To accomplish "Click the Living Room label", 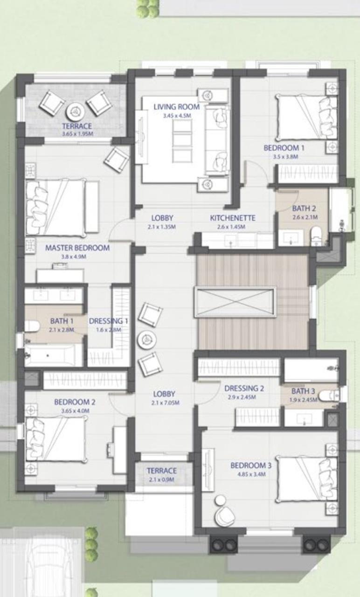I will (x=176, y=107).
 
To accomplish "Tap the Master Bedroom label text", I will (x=77, y=248).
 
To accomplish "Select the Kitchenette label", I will (x=232, y=218).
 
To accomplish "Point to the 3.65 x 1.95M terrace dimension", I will (x=77, y=134).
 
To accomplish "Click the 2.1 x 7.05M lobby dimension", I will (x=165, y=403).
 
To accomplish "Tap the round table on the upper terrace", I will (x=75, y=111).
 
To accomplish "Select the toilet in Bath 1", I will (x=31, y=326).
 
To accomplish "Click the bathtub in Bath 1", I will (x=49, y=355).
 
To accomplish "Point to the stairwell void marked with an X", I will (x=235, y=302).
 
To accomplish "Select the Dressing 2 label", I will (x=244, y=388).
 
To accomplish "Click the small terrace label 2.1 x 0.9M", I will (x=162, y=479).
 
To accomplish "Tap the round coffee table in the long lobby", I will (x=146, y=339).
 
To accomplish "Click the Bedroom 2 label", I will (x=75, y=402).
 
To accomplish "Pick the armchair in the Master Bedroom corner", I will (x=117, y=160).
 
